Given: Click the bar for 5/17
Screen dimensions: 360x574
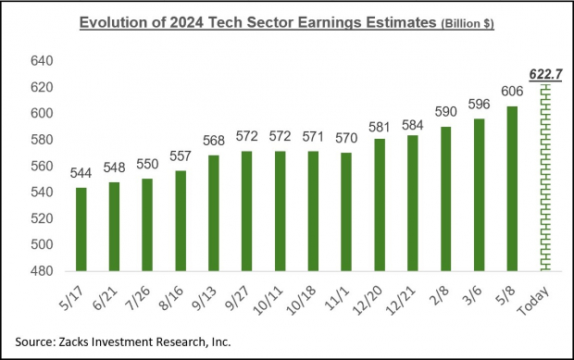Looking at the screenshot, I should pos(81,229).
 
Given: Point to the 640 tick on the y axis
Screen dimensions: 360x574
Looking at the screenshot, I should pos(44,61).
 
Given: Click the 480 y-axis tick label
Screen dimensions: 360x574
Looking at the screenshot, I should pos(44,271).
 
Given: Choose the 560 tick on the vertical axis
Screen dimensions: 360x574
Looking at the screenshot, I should pos(44,167).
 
